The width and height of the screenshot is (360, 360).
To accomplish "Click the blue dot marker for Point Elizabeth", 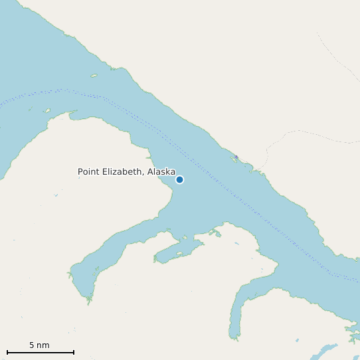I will tap(179, 179).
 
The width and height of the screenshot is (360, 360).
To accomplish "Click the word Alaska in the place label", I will tap(161, 172).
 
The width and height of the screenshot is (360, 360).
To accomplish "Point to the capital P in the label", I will tap(80, 172).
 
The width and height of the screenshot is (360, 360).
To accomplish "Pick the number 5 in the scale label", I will tap(32, 345).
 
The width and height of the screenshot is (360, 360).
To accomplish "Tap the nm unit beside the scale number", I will tap(44, 346).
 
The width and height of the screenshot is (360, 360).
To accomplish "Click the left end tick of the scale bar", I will tap(7, 352).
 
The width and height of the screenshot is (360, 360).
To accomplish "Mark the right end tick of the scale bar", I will tap(74, 352).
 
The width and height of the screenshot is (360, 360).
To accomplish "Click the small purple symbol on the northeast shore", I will tap(236, 157).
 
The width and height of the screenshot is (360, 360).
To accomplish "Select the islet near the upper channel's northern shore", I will tap(94, 75).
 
